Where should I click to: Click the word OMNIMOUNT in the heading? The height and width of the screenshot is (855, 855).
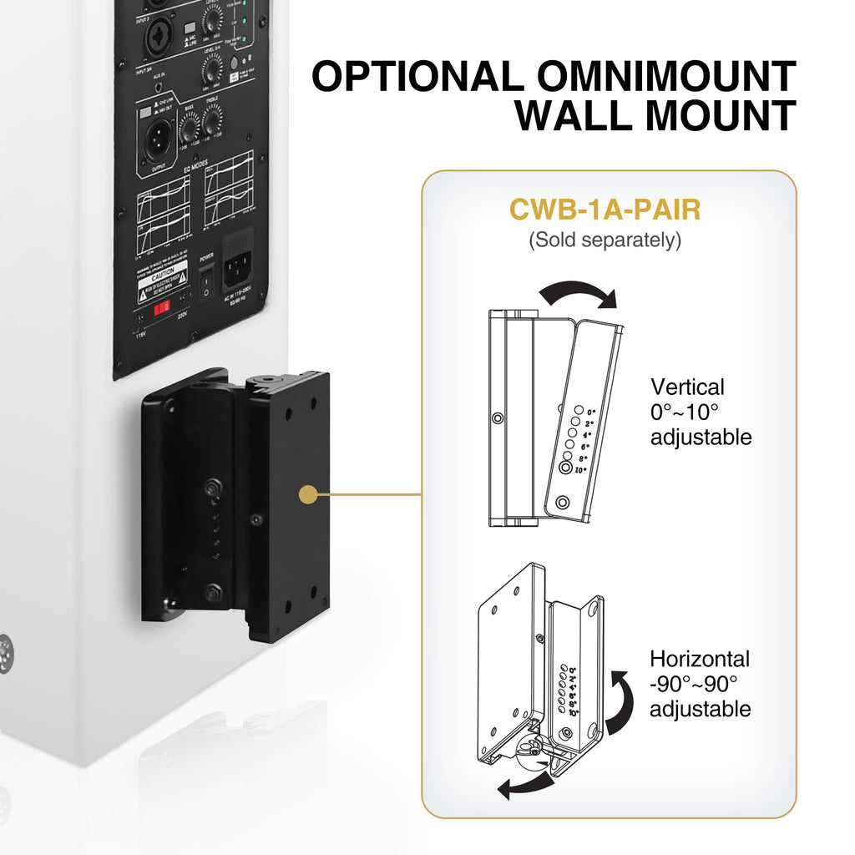pyautogui.click(x=665, y=76)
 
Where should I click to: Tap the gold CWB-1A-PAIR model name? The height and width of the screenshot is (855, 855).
pyautogui.click(x=605, y=210)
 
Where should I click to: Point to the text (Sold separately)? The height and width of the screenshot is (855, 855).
pyautogui.click(x=605, y=240)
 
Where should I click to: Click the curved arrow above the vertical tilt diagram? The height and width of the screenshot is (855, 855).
pyautogui.click(x=577, y=293)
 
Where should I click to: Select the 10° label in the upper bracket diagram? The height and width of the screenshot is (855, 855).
pyautogui.click(x=580, y=470)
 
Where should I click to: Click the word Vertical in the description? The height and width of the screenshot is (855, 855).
pyautogui.click(x=687, y=387)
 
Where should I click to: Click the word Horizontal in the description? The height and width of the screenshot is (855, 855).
pyautogui.click(x=700, y=660)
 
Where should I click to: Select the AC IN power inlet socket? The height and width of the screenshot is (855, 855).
pyautogui.click(x=238, y=267)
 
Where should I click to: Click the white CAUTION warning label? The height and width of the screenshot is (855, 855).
pyautogui.click(x=163, y=279)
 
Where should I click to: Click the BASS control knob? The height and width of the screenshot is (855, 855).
pyautogui.click(x=189, y=127)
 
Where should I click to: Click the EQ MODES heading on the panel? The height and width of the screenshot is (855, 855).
pyautogui.click(x=193, y=166)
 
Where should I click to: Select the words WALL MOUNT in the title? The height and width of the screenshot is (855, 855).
pyautogui.click(x=655, y=116)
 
